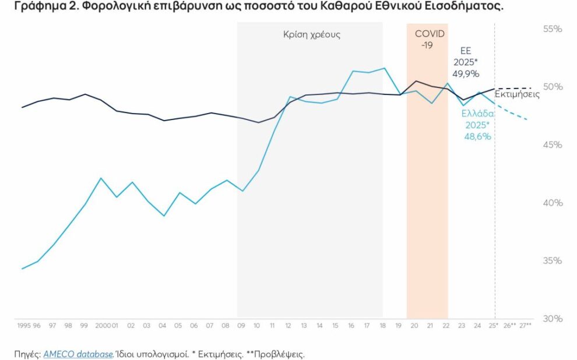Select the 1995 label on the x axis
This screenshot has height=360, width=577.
click(x=24, y=325)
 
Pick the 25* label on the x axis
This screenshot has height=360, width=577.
click(x=493, y=325)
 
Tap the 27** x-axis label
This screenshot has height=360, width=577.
click(x=525, y=325)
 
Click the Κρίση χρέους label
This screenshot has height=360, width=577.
click(x=311, y=34)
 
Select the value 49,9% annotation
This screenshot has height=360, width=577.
click(x=466, y=74)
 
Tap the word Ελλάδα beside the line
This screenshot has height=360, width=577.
click(x=478, y=114)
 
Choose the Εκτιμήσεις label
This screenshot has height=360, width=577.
click(x=517, y=94)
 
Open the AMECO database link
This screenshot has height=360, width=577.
click(x=78, y=354)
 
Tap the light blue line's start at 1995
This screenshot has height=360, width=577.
click(x=22, y=269)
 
